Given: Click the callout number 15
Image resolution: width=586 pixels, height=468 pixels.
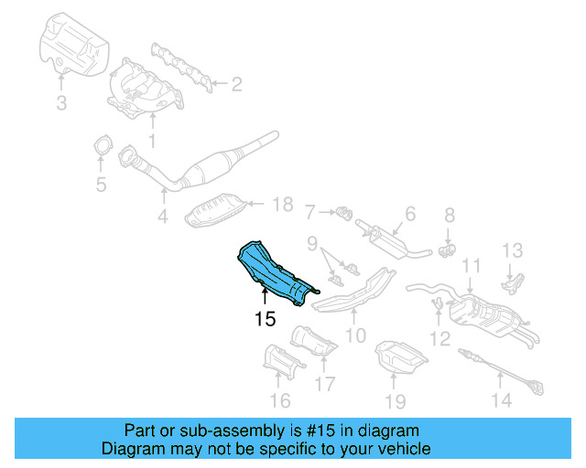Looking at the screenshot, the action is pyautogui.click(x=266, y=319).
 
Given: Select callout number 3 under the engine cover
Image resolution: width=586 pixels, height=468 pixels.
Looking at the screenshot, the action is pyautogui.click(x=61, y=103).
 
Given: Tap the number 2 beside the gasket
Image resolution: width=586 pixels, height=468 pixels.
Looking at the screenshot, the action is pyautogui.click(x=236, y=85).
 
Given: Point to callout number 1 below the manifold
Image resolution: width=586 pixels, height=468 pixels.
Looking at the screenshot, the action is pyautogui.click(x=152, y=141).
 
